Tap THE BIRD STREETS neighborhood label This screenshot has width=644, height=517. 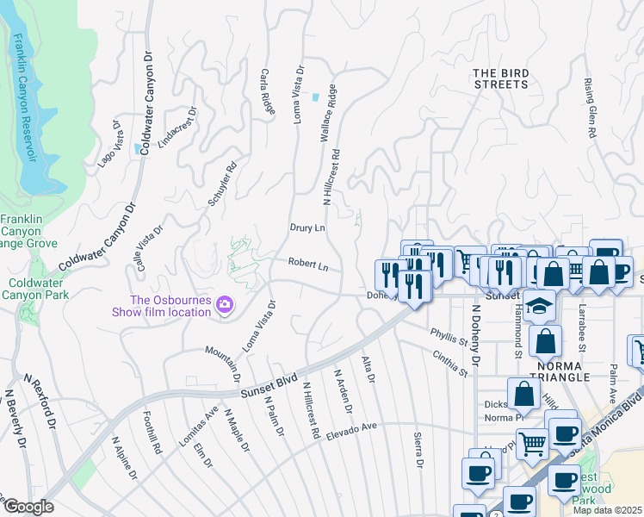pyautogui.click(x=500, y=78)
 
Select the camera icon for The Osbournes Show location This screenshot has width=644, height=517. pyautogui.click(x=225, y=303)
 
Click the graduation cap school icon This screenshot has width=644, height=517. pyautogui.click(x=540, y=306)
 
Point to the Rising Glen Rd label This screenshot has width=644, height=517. pyautogui.click(x=591, y=109)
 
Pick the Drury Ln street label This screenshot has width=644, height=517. pyautogui.click(x=307, y=228)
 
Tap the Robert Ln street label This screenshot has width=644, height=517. pyautogui.click(x=308, y=266)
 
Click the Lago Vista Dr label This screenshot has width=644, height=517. pyautogui.click(x=110, y=144)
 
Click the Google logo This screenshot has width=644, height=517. pyautogui.click(x=28, y=507)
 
